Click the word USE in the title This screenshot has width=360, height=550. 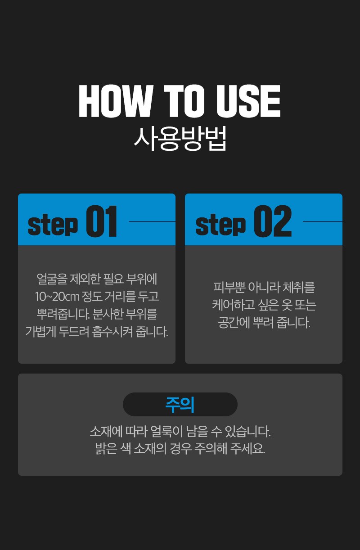pos(248,101)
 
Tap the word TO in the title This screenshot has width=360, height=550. pos(184,101)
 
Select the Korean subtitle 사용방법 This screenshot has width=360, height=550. pos(180,138)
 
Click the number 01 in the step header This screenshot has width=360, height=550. pos(101,221)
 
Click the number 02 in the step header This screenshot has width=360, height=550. pos(273,221)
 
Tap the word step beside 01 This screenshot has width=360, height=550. pos(53,225)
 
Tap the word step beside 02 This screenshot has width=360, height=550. pos(220,225)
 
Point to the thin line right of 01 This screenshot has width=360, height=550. pos(152,221)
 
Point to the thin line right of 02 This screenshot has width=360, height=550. pos(323,221)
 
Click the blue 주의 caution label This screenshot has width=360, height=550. pos(180,405)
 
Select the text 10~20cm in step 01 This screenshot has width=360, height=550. pos(57,297)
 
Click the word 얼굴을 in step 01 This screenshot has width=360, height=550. pos(52,279)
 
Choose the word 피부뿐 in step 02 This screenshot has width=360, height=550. pos(229,287)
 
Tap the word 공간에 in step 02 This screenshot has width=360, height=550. pos(234,323)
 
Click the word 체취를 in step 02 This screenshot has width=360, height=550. pos(299,287)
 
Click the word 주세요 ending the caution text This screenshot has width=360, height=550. pos(248,449)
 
